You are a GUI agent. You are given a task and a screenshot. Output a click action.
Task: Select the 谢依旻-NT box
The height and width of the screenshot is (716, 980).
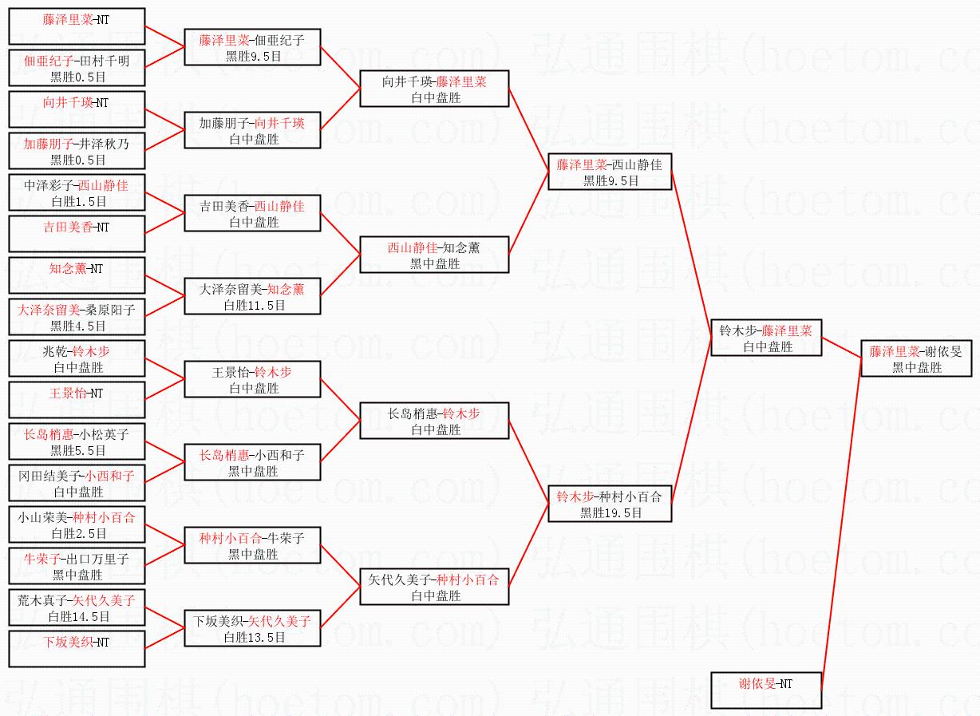tap(766, 690)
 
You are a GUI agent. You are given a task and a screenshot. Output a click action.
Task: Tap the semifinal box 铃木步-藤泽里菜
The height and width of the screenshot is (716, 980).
tap(766, 338)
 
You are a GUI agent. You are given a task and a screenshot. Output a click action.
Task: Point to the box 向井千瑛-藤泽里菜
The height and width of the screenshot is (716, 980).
tap(434, 89)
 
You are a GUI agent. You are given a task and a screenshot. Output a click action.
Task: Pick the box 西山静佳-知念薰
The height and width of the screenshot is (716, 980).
tap(434, 255)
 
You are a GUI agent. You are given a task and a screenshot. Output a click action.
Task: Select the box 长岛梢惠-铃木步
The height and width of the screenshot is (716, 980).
tap(434, 421)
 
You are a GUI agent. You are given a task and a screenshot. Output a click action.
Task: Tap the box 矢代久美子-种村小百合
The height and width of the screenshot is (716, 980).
tap(434, 587)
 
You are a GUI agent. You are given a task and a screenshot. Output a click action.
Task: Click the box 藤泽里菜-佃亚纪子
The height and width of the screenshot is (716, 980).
tap(252, 47)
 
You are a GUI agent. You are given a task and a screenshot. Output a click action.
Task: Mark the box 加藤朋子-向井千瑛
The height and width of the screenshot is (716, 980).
tap(252, 130)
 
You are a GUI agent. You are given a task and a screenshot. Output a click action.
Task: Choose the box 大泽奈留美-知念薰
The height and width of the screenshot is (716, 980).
tap(252, 296)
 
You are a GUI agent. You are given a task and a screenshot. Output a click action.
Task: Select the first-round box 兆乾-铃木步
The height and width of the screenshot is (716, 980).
tap(77, 358)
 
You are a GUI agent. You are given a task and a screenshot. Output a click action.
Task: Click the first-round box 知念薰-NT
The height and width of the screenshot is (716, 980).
tap(77, 275)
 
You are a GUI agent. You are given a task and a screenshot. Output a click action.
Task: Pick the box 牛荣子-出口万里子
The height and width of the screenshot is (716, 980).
tap(77, 566)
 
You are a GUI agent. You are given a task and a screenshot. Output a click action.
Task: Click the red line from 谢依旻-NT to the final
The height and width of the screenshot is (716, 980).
tap(841, 527)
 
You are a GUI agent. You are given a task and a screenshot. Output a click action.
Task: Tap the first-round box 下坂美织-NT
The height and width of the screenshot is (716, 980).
tap(77, 649)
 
